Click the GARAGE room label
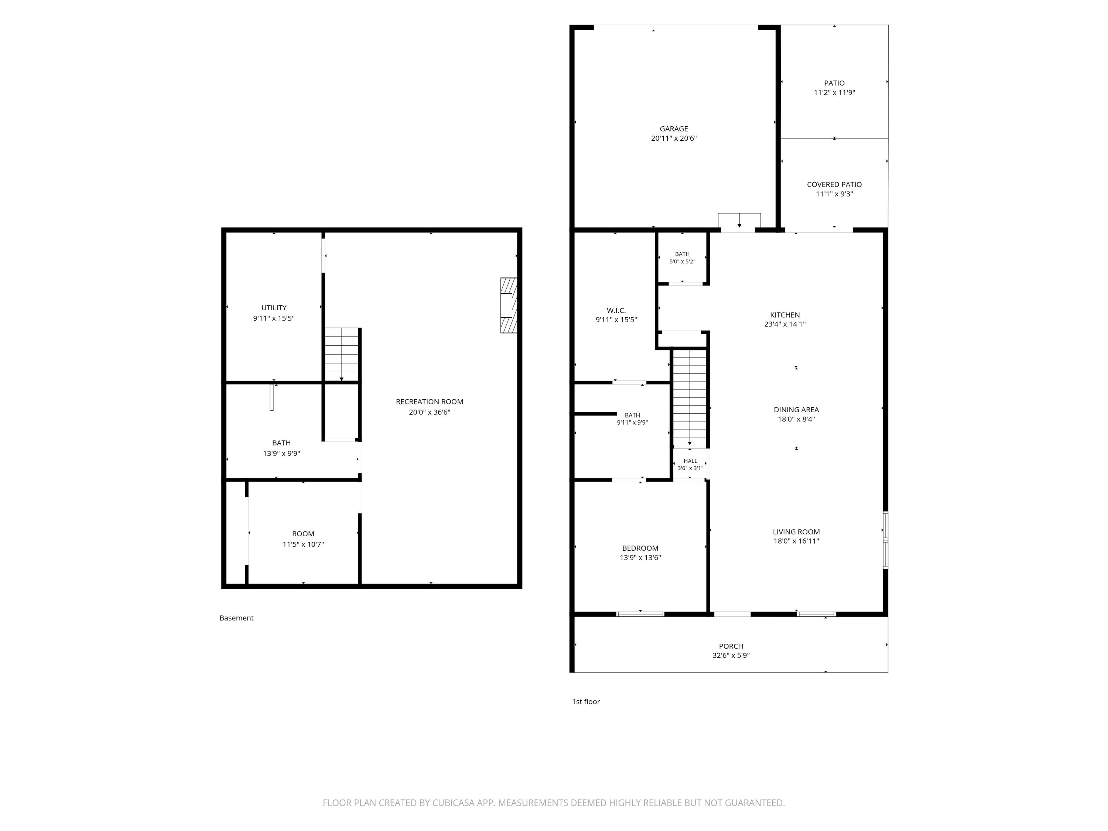click(x=674, y=129)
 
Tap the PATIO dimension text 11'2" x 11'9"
click(x=834, y=93)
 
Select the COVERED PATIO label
click(x=834, y=184)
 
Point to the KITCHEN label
click(x=785, y=315)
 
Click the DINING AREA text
click(x=796, y=410)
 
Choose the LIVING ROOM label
click(x=796, y=532)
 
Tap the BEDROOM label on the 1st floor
click(x=640, y=548)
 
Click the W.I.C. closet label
click(x=616, y=311)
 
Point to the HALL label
click(x=690, y=461)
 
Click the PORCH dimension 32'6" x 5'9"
click(x=731, y=656)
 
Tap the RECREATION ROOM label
click(x=429, y=402)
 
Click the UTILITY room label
click(x=274, y=308)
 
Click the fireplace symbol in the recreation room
click(x=509, y=305)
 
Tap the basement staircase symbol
click(x=342, y=355)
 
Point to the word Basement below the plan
click(x=236, y=618)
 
